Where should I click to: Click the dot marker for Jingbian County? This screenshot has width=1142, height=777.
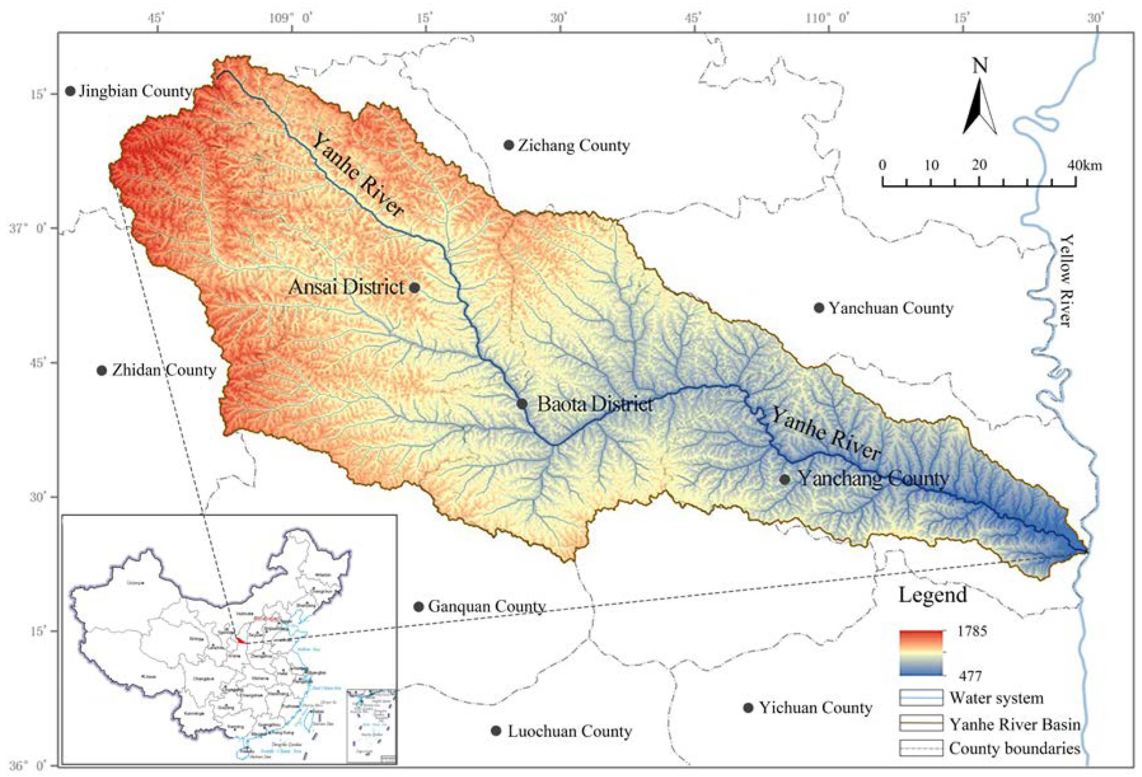point(70,91)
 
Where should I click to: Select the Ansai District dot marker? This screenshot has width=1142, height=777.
point(415,287)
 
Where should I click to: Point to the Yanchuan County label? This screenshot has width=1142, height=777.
point(891,309)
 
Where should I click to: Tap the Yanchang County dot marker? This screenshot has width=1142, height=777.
point(785,480)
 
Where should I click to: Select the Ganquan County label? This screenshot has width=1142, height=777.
point(486,607)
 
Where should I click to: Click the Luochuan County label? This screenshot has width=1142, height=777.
point(570,731)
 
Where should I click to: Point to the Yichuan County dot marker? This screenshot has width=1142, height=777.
point(748,708)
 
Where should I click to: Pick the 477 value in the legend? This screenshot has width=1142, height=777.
point(970,676)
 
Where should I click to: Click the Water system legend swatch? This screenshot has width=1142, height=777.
point(921,698)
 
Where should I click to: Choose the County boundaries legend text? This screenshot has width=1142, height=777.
point(1014,749)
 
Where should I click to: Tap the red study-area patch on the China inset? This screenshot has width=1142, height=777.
point(240,640)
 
